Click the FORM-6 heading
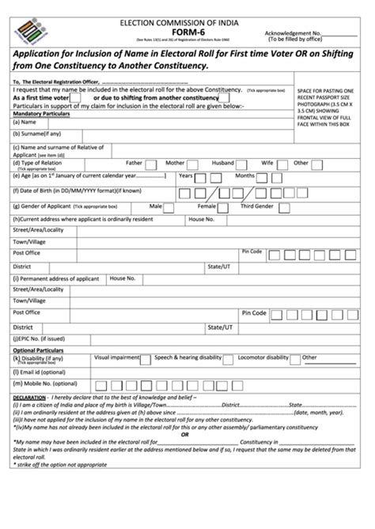(x=187, y=32)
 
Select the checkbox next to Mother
(x=195, y=164)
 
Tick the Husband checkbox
(x=244, y=164)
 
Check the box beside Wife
(x=281, y=164)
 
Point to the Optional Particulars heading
(x=36, y=350)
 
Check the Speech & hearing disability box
(x=230, y=358)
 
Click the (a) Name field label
(x=25, y=122)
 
